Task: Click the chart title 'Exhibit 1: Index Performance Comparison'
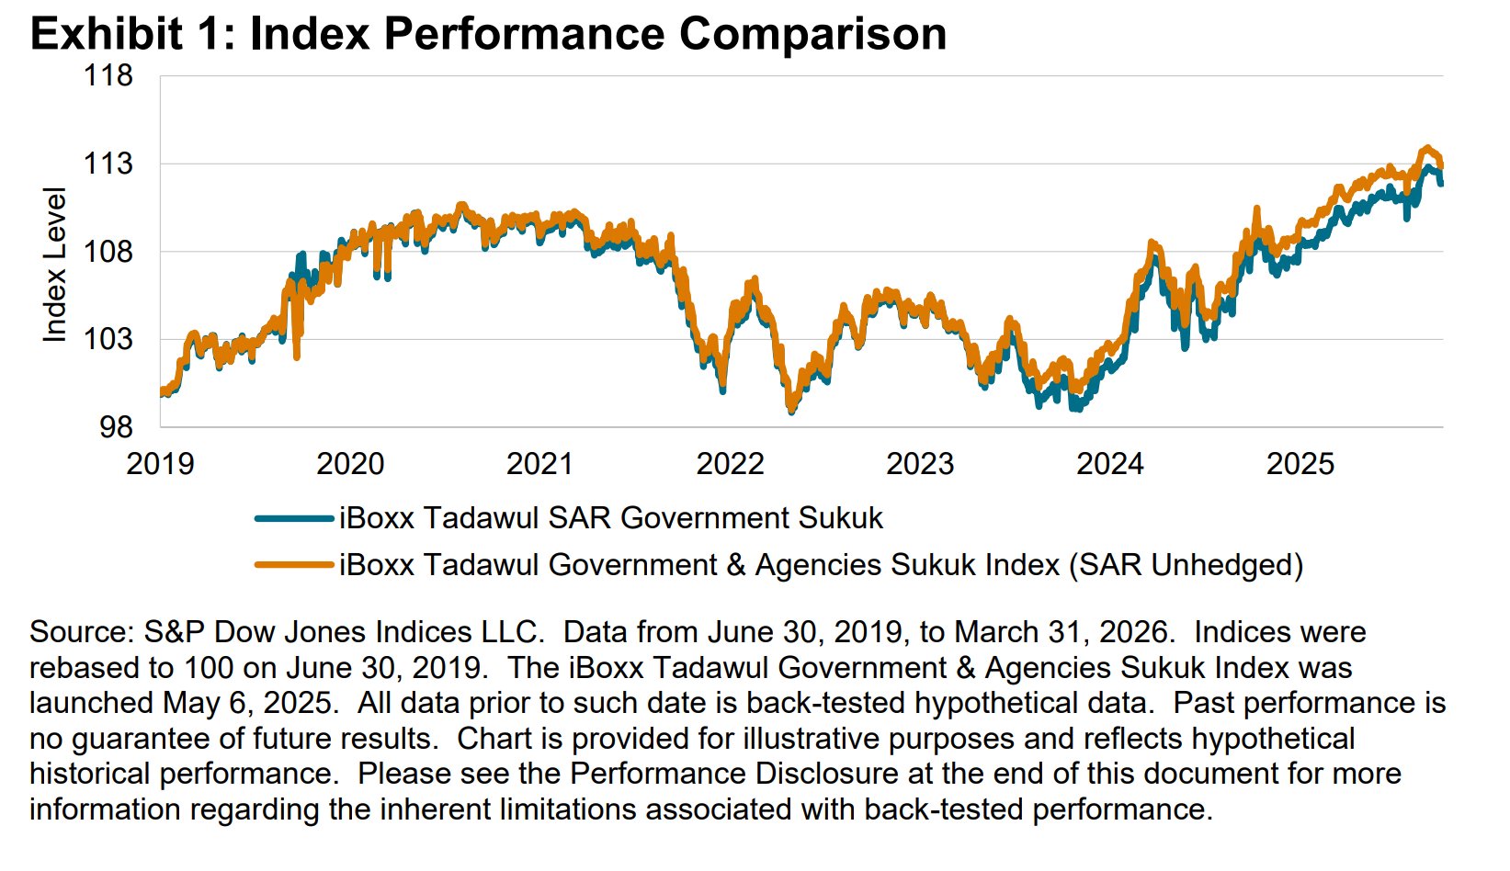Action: tap(488, 34)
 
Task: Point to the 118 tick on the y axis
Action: tap(108, 75)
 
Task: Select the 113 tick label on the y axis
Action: tap(108, 164)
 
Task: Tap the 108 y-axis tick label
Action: tap(108, 252)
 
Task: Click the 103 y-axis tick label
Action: tap(108, 339)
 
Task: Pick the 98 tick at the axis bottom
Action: tap(116, 427)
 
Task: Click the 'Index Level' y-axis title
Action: tap(55, 265)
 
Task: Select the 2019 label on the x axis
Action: tap(160, 464)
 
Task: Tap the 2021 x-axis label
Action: tap(539, 464)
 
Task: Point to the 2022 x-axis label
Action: tap(730, 464)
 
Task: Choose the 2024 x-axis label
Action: tap(1109, 464)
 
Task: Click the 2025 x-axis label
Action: tap(1300, 464)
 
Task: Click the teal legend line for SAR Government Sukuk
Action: tap(294, 519)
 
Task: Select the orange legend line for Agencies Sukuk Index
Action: tap(294, 565)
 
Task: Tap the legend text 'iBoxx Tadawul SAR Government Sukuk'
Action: tap(610, 518)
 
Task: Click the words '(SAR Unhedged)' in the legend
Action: tap(1186, 565)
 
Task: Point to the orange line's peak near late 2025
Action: tap(1426, 147)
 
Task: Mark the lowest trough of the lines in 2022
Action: tap(791, 409)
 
